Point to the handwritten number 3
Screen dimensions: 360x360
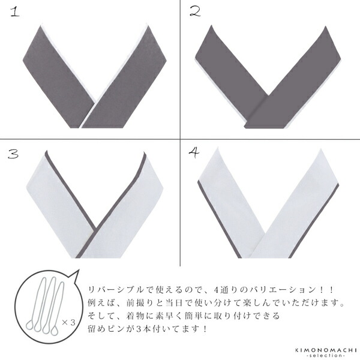pos(14,152)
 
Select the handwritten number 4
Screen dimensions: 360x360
pos(194,152)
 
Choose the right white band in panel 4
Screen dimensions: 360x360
pos(306,204)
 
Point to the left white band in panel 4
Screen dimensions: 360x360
pos(231,204)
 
